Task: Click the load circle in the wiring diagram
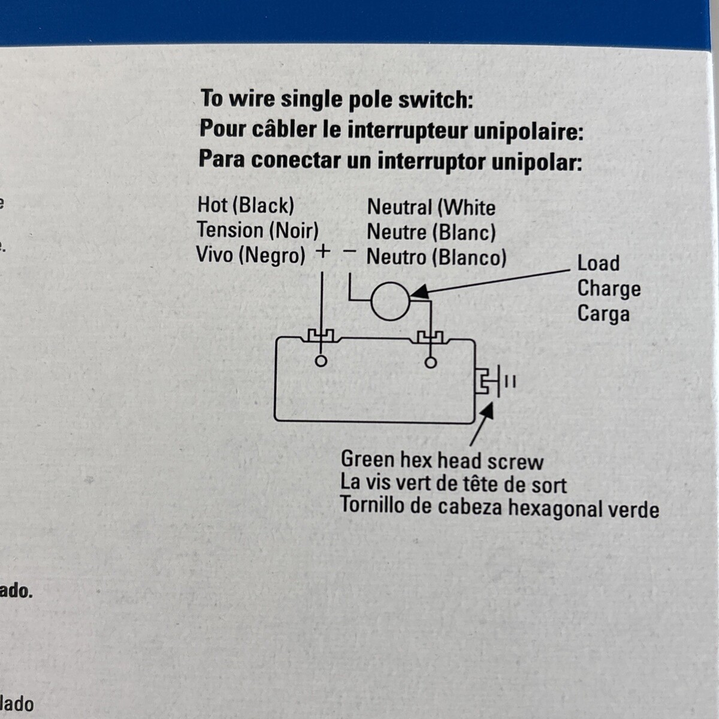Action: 390,301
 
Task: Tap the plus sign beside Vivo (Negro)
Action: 322,252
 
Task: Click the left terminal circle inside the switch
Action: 321,361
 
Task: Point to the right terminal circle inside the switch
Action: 430,362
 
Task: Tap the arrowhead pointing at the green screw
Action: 487,411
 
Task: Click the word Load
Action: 598,263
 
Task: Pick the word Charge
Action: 609,289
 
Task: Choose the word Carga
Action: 603,314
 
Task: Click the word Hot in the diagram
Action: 213,205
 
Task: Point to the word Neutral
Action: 400,207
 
